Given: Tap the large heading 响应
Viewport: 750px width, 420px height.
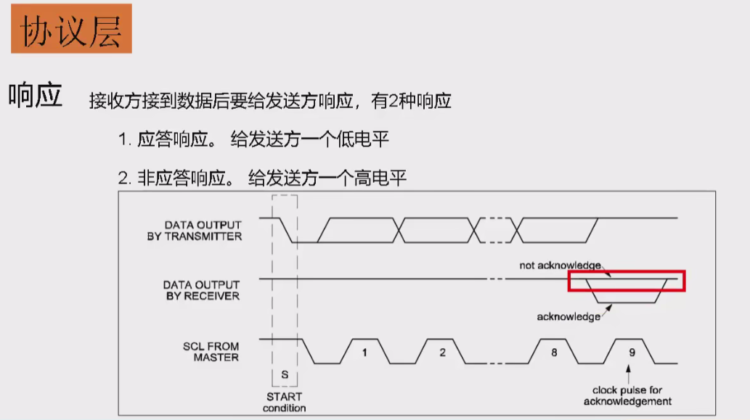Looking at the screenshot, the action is coord(36,96).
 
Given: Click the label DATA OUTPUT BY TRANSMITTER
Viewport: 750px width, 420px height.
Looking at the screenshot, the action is coord(195,231).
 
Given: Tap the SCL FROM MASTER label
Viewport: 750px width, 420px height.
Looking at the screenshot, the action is coord(211,352).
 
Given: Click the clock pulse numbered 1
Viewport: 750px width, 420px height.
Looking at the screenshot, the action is coord(365,353).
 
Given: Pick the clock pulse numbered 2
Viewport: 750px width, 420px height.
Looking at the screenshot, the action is coord(443,353).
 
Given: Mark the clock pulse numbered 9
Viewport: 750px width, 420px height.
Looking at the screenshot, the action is coord(631,353).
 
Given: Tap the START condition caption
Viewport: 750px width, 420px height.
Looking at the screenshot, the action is coord(285,402).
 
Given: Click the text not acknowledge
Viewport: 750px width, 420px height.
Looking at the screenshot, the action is coord(560,265).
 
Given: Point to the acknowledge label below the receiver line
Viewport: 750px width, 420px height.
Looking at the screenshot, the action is coord(568,316).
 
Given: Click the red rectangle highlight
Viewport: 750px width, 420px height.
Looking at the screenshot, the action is coord(626,281).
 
